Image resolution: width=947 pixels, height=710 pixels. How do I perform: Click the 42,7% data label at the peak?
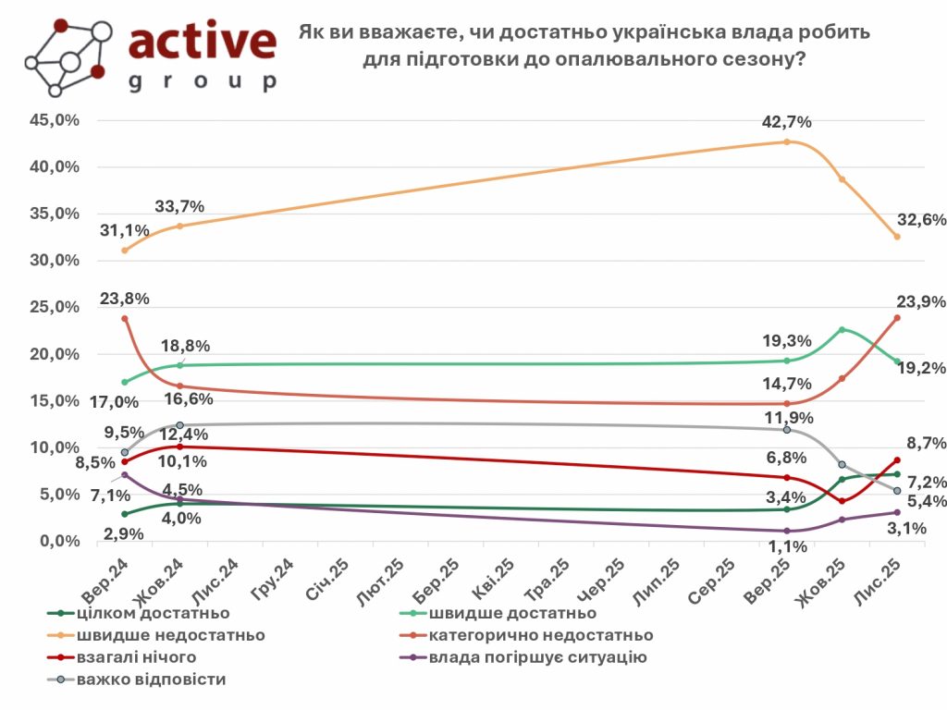tap(787, 122)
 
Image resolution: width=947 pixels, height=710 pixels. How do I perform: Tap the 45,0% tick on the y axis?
tap(55, 120)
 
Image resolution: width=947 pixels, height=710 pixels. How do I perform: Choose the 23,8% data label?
tap(124, 299)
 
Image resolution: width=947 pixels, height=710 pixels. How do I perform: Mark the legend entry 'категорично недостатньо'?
tap(539, 635)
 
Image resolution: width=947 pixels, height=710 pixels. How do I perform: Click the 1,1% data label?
tap(788, 546)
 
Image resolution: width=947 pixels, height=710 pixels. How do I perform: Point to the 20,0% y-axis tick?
tap(55, 354)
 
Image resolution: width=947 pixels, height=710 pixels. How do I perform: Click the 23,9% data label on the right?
tap(919, 301)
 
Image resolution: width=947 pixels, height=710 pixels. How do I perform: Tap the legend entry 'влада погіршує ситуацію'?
tap(537, 657)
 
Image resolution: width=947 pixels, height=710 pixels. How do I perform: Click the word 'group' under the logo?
tap(202, 81)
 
